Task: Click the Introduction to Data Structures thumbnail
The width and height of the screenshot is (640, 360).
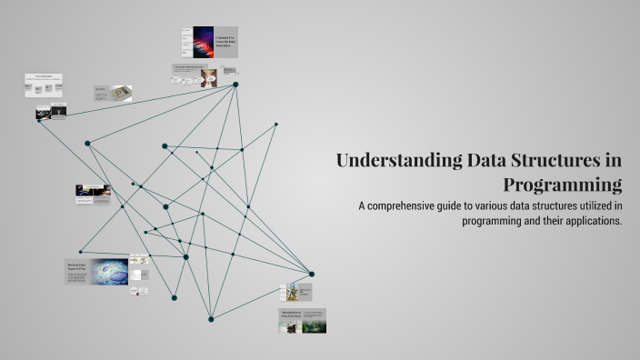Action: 302,320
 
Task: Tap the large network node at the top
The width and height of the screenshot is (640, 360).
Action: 235,85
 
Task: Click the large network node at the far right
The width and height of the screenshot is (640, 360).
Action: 311,274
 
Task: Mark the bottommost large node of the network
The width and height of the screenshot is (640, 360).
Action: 211,318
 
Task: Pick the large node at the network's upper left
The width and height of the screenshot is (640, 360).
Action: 87,144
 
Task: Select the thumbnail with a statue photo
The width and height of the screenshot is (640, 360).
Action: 298,292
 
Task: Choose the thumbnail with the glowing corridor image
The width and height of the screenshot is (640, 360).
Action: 50,112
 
